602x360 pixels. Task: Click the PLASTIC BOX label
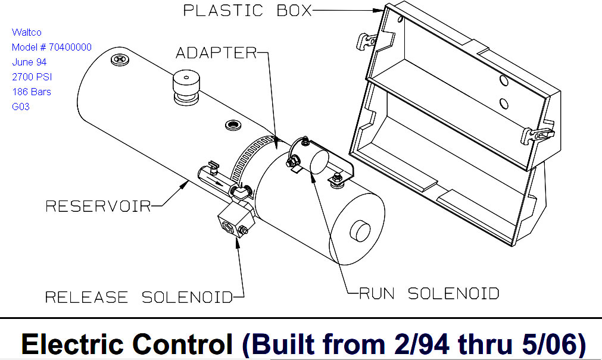click(x=247, y=11)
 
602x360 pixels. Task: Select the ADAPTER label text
click(x=216, y=54)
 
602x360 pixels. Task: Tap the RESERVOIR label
click(x=98, y=206)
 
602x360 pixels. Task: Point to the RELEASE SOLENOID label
click(x=138, y=297)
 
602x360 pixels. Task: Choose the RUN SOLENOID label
click(x=429, y=293)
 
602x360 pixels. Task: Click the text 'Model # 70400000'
click(x=52, y=47)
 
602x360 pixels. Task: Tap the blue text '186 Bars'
click(x=32, y=92)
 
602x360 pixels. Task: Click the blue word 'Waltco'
click(x=27, y=32)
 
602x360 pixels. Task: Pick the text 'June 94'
click(x=29, y=62)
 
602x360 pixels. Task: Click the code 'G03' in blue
click(x=21, y=107)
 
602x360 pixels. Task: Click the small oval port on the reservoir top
click(x=231, y=126)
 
